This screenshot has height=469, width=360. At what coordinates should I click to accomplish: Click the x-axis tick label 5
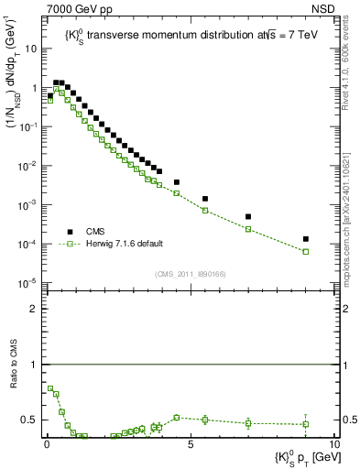pyautogui.click(x=190, y=444)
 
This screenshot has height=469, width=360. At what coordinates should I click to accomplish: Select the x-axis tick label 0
pyautogui.click(x=47, y=444)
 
